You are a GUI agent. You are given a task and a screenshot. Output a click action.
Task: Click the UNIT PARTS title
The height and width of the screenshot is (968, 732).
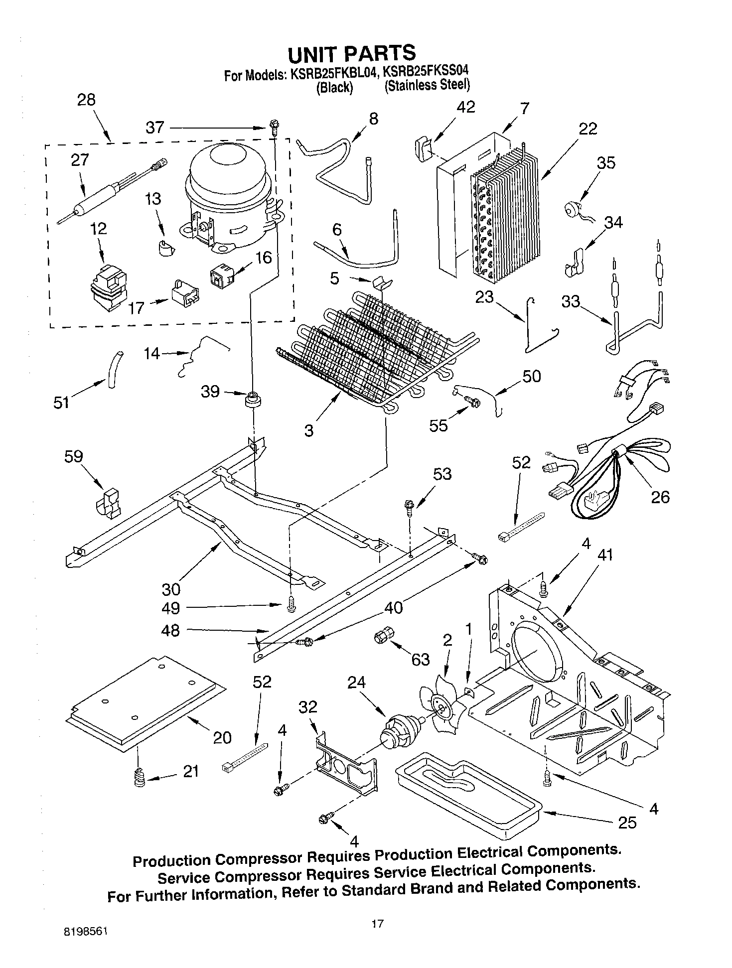point(351,53)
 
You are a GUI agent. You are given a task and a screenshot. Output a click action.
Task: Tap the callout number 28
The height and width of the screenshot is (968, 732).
point(86,100)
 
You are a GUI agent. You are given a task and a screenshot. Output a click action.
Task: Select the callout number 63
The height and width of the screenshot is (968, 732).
point(420,659)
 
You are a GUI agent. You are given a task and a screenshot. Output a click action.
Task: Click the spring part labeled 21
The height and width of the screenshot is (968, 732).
point(140,778)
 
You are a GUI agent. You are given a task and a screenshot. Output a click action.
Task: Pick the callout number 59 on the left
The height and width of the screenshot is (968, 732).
point(73,456)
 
